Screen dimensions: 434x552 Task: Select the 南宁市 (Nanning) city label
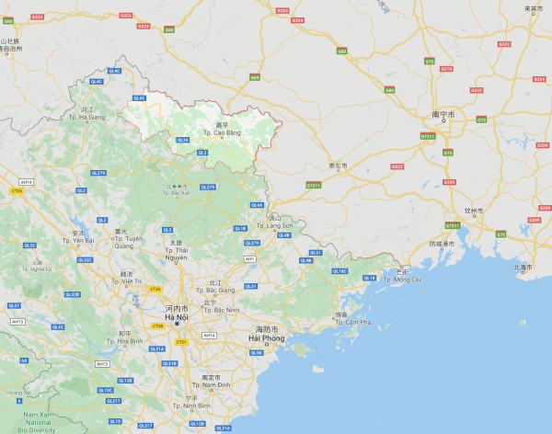pyautogui.click(x=443, y=115)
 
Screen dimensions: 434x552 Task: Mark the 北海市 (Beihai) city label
pyautogui.click(x=523, y=267)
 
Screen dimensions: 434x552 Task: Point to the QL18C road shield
pyautogui.click(x=340, y=271)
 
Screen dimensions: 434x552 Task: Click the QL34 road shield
pyautogui.click(x=182, y=140)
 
